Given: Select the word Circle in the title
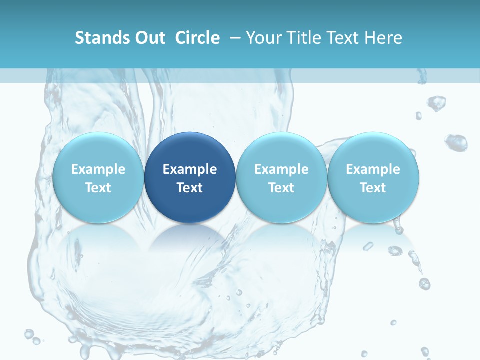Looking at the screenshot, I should (197, 38).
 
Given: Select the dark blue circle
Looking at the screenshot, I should (190, 177).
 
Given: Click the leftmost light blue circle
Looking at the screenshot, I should (98, 177).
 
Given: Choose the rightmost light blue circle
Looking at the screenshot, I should (373, 177).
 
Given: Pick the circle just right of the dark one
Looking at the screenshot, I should (281, 177).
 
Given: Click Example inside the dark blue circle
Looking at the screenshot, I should (190, 169).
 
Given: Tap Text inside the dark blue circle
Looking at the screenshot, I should (190, 188).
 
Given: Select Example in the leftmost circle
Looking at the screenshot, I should (98, 169).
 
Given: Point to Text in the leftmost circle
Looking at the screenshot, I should (98, 188).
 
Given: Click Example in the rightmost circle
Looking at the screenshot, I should (373, 169).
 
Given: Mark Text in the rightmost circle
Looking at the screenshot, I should (373, 188).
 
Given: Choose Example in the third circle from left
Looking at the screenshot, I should (281, 169).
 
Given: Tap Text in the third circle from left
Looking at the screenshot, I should (281, 188).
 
